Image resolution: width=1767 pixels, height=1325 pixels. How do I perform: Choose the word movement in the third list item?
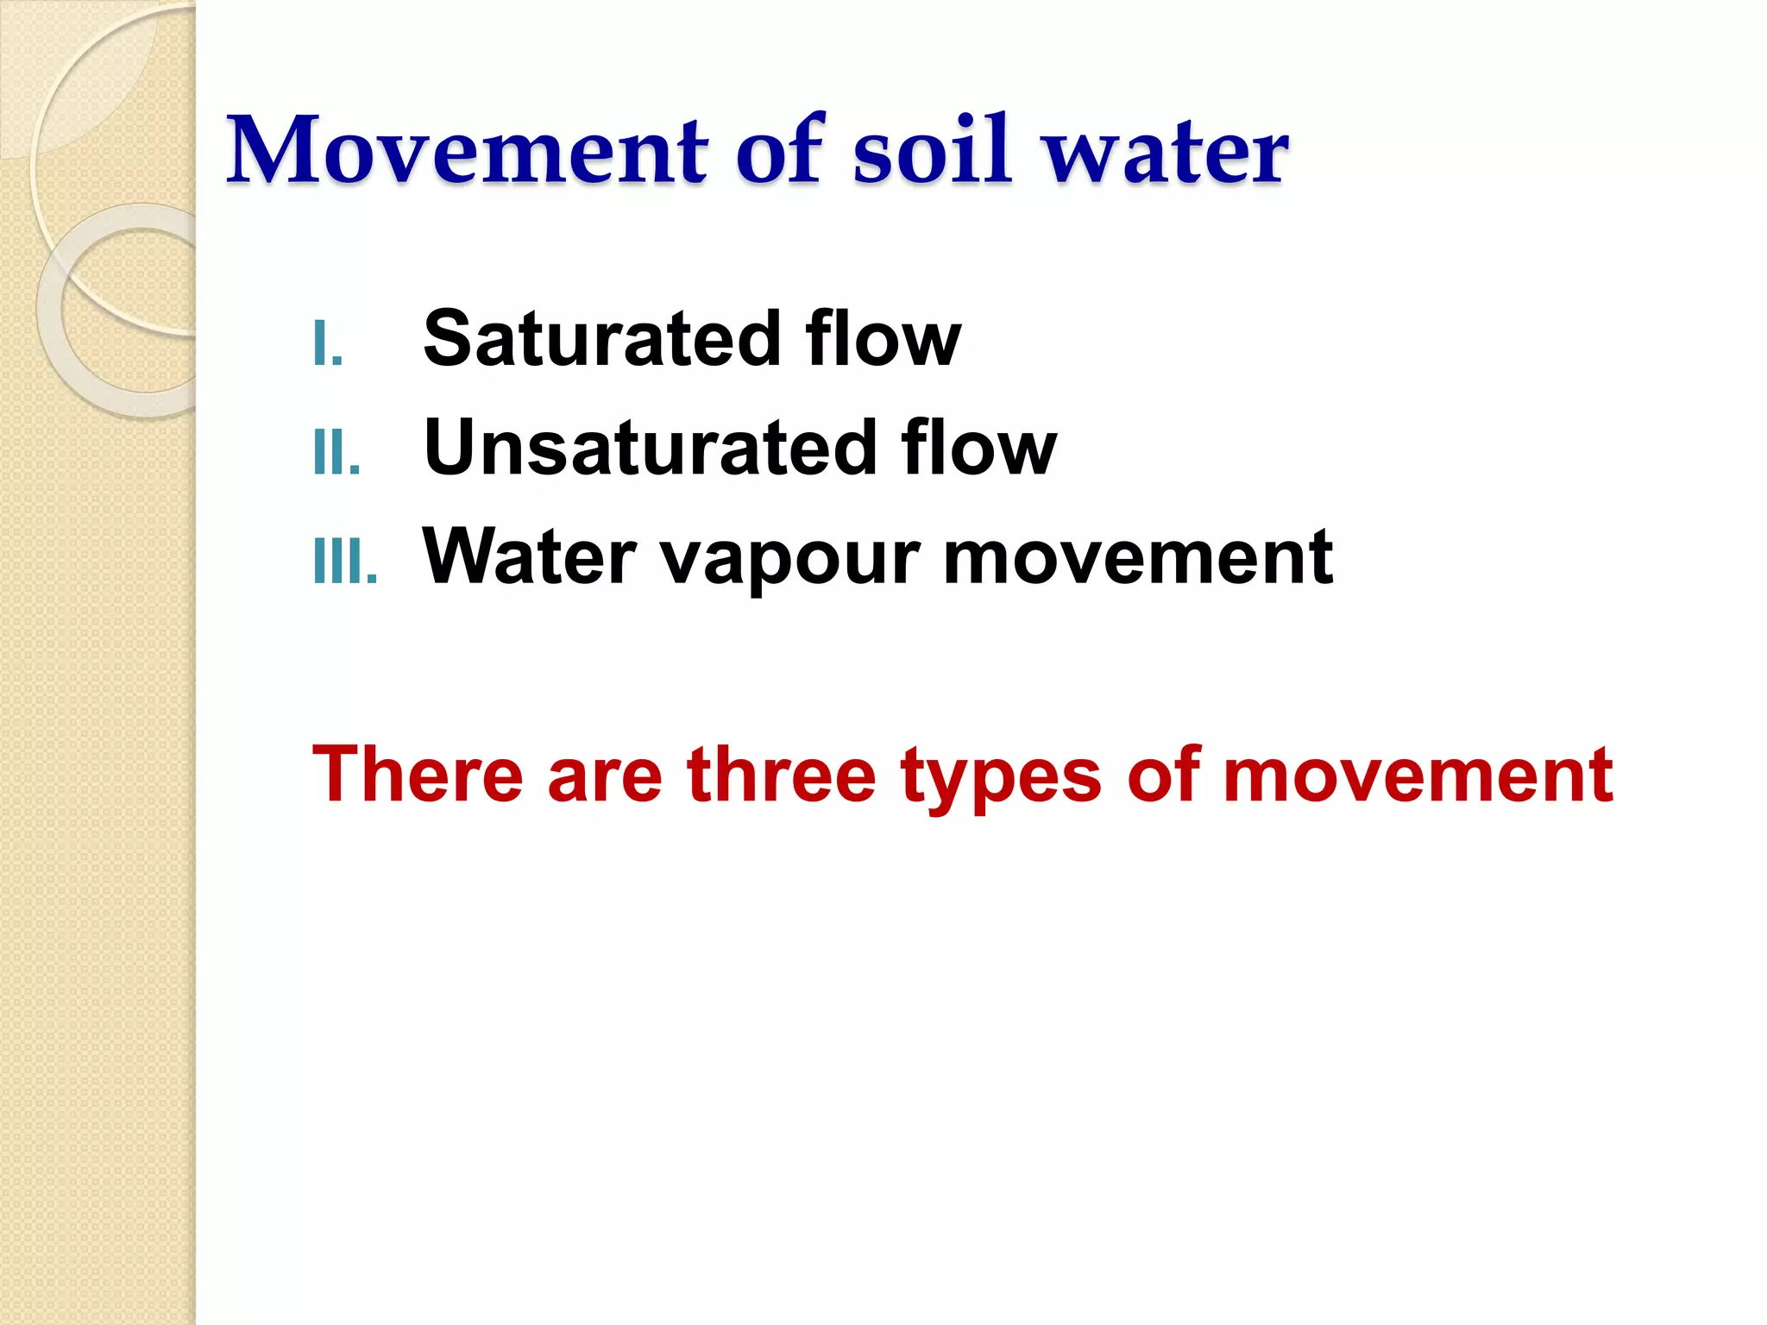click(x=1138, y=557)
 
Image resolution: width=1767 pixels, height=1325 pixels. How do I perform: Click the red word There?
click(x=418, y=775)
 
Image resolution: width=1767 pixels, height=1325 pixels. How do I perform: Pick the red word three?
click(x=782, y=775)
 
